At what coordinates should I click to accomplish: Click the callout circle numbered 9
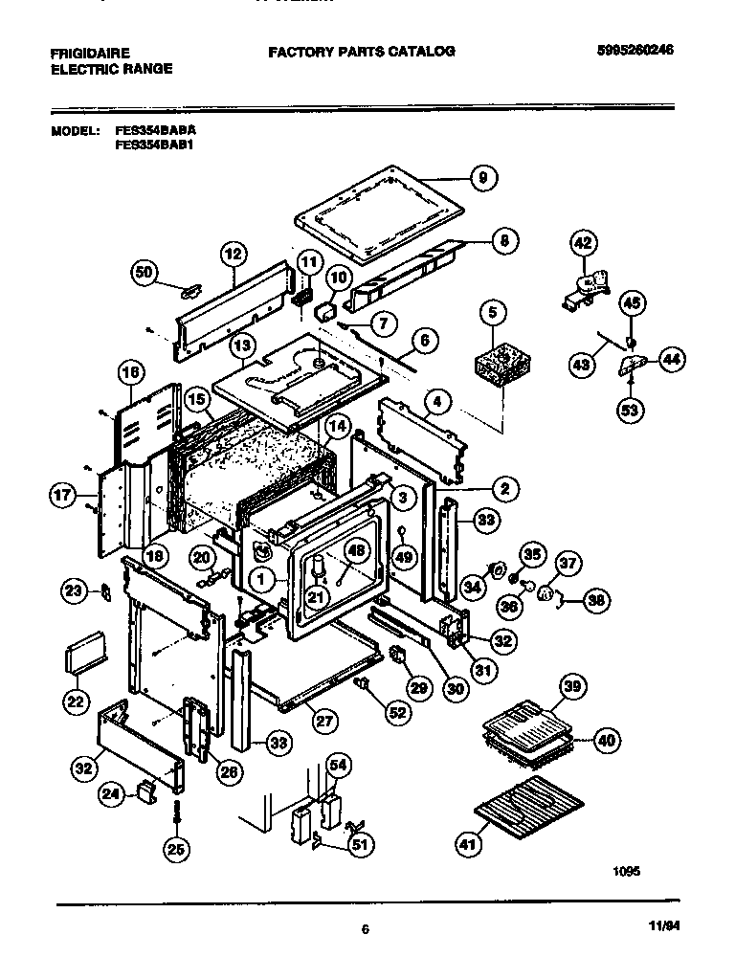point(483,177)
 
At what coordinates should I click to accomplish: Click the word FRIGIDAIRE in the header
point(90,52)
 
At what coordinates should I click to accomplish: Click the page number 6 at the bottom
point(366,927)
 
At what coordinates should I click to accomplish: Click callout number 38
point(597,601)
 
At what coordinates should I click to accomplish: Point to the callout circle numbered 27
point(325,721)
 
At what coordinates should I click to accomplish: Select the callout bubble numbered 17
point(62,496)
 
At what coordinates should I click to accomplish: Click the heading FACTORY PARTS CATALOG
point(361,52)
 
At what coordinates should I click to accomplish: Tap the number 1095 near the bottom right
point(626,872)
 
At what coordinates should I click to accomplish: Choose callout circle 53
point(630,410)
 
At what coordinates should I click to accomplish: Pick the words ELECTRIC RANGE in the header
point(111,69)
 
